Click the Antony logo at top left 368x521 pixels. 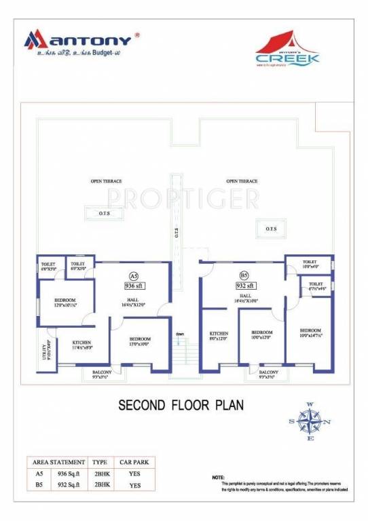point(81,42)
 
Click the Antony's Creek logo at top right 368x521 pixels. point(287,52)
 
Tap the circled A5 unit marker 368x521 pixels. point(133,275)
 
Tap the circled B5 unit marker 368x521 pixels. point(244,275)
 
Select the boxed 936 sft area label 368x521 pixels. point(133,286)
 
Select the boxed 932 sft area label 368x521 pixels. point(244,286)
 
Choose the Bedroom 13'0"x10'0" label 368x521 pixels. point(140,341)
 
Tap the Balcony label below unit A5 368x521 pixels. point(100,373)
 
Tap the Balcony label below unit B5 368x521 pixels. point(268,373)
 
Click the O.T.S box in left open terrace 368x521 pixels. point(103,213)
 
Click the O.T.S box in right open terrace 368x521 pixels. point(271,229)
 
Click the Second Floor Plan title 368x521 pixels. point(181,405)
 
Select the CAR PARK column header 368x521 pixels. point(133,461)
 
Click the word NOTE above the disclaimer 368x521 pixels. point(218,478)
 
